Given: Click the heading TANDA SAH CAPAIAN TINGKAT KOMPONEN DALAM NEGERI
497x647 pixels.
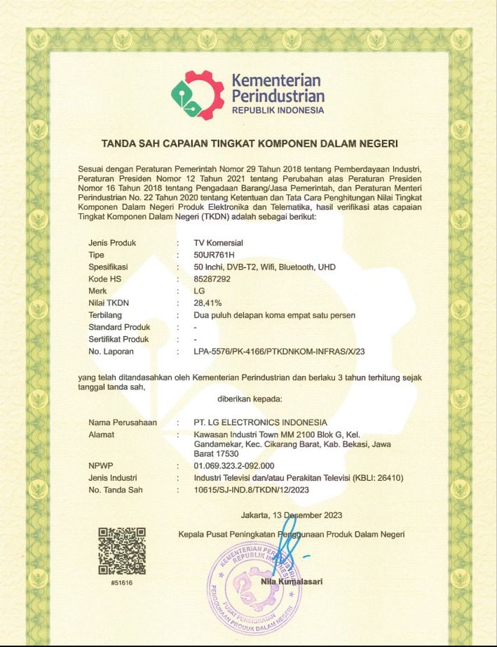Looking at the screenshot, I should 250,145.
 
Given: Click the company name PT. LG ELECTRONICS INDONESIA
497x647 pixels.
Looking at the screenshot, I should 261,422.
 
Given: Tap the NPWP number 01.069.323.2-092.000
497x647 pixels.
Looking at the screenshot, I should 233,466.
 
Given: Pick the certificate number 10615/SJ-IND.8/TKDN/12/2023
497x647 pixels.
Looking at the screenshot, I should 251,490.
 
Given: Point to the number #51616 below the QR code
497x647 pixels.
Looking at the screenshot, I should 122,584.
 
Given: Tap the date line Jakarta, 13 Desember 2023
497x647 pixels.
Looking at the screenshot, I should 292,516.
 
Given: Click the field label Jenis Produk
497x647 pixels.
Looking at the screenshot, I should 112,243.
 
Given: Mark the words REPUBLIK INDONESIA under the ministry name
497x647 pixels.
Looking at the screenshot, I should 278,110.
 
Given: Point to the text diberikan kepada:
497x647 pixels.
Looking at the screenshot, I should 250,399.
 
